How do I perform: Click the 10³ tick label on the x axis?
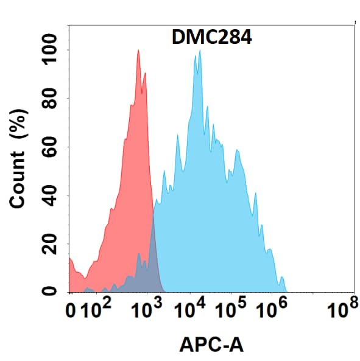pos(145,312)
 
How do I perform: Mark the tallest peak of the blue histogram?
pos(200,51)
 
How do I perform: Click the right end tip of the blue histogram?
pos(286,291)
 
